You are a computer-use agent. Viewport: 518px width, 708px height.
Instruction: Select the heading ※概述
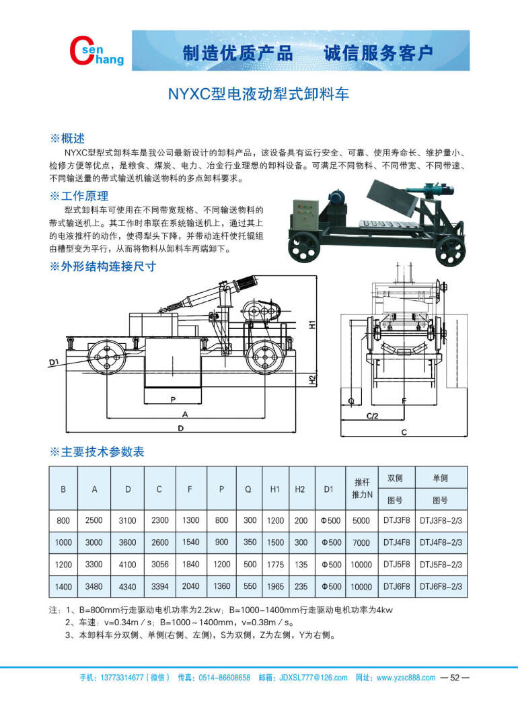[67, 139]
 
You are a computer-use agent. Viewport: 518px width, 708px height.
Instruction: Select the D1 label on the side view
[54, 363]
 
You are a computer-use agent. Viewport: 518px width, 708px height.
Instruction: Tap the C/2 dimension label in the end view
[373, 417]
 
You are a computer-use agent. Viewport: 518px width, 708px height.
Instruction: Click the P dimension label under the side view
[173, 399]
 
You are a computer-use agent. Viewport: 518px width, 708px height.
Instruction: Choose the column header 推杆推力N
[362, 488]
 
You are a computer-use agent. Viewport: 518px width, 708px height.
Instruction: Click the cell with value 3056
[159, 565]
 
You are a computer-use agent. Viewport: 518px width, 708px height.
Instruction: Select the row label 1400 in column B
[63, 587]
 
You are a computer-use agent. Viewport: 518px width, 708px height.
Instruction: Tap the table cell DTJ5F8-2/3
[441, 565]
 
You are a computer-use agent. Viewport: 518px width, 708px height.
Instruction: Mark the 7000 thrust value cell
[361, 542]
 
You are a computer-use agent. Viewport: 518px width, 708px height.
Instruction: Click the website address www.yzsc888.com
[405, 678]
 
